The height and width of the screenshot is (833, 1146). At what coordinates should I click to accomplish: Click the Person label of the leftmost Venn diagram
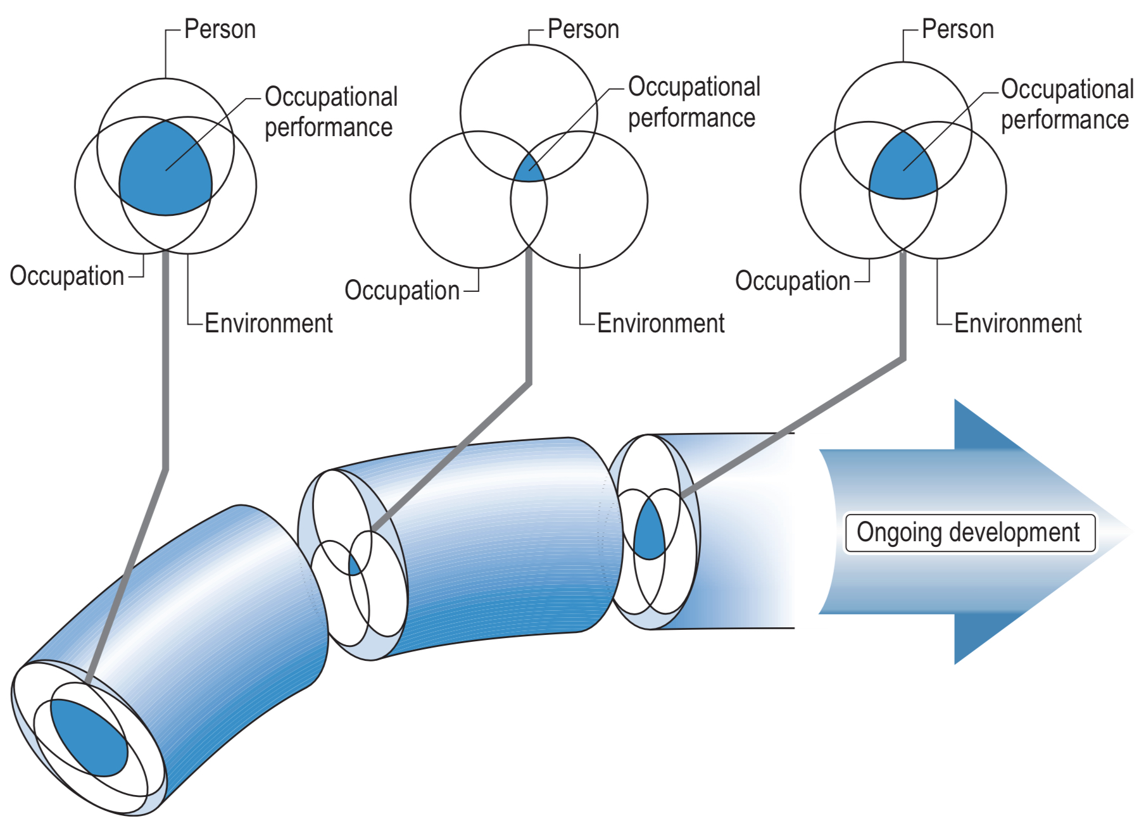tap(220, 30)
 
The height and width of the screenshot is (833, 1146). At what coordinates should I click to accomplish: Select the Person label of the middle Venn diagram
tap(583, 30)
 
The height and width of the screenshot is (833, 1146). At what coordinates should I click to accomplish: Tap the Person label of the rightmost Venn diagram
tap(957, 30)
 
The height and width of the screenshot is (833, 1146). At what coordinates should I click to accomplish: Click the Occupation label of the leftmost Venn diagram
tap(67, 276)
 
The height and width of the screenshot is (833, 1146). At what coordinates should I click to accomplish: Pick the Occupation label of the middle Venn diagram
tap(402, 291)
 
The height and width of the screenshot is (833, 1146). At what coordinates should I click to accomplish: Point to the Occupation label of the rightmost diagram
tap(792, 281)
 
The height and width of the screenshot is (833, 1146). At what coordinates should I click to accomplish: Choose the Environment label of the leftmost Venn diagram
tap(268, 323)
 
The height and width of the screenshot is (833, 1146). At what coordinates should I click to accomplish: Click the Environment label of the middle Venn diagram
tap(660, 323)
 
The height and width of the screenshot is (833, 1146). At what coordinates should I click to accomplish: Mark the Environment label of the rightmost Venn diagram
tap(1017, 323)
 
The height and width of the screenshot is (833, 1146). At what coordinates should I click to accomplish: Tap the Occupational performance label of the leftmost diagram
tap(331, 112)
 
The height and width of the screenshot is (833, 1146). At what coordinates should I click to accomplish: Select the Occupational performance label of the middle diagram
tap(694, 103)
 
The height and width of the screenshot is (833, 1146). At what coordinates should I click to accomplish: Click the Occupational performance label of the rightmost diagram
tap(1067, 104)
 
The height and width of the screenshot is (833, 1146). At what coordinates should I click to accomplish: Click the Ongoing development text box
tap(969, 533)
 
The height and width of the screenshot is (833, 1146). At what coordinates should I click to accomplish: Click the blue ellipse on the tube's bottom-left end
tap(89, 738)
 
